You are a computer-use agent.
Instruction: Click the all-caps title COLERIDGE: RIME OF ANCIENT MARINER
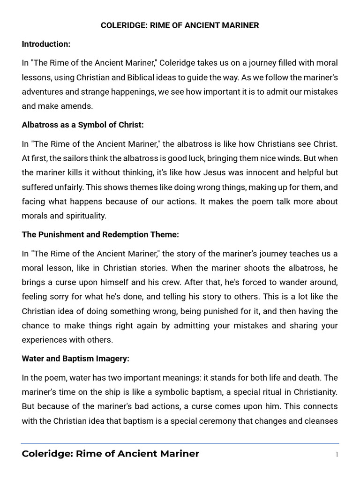click(180, 25)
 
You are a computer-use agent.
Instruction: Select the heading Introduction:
click(46, 44)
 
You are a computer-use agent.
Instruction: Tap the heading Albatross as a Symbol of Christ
click(82, 125)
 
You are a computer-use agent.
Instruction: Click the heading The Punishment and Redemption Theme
click(100, 234)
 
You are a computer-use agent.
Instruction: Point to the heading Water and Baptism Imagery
click(75, 359)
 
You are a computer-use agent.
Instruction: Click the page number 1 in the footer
click(337, 454)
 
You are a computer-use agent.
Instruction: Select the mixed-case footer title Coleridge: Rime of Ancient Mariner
click(110, 454)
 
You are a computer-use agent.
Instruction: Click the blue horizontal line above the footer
click(180, 443)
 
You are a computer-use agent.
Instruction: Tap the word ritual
click(254, 392)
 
